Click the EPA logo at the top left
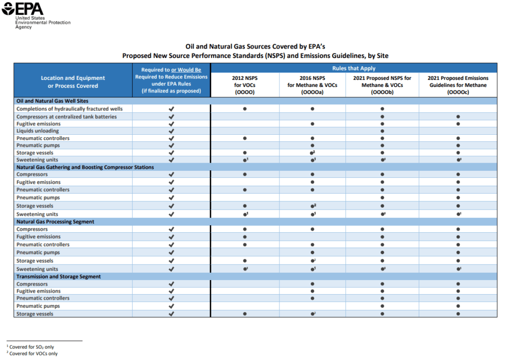click(x=23, y=9)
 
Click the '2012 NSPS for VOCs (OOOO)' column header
click(x=245, y=85)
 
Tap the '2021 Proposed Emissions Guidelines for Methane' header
click(x=458, y=85)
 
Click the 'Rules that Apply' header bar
click(x=353, y=68)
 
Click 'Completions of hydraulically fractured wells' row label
click(x=69, y=109)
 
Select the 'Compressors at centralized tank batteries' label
click(x=66, y=116)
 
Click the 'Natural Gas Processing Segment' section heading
click(x=55, y=222)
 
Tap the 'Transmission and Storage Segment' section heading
click(x=58, y=277)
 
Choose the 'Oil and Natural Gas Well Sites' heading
click(x=52, y=101)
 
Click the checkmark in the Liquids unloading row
click(x=171, y=131)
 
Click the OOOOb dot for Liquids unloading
click(x=382, y=131)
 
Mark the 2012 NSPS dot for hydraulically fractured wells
click(x=245, y=109)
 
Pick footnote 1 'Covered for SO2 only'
click(x=32, y=347)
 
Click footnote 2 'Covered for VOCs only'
click(x=33, y=354)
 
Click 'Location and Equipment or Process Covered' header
click(x=73, y=82)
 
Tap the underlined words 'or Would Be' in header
click(x=186, y=70)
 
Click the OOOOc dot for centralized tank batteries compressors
click(x=458, y=116)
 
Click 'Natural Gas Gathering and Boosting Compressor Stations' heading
click(x=85, y=167)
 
